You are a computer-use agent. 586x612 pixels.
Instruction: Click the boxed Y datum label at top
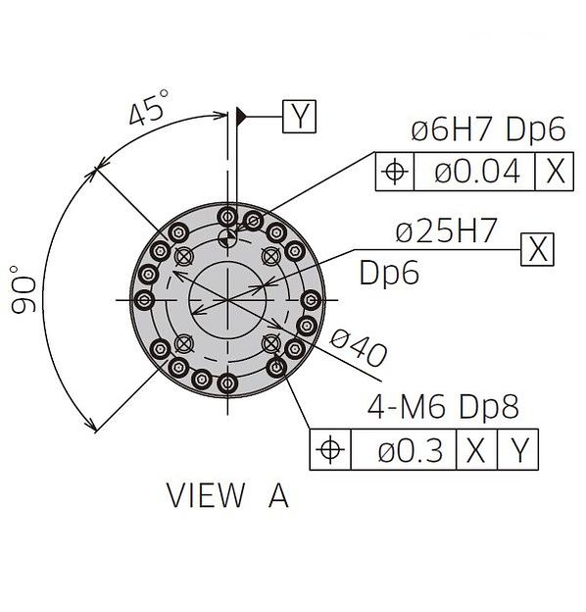(x=299, y=117)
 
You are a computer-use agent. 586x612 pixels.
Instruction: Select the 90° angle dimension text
(x=23, y=289)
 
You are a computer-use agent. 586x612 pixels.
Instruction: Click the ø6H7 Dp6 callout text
(x=488, y=129)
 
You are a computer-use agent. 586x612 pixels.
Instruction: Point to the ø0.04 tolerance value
(x=477, y=171)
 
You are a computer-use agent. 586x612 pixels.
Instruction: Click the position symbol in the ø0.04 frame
(x=395, y=172)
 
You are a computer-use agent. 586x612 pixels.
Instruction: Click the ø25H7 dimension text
(x=447, y=230)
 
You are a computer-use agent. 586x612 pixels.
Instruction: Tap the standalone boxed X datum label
(x=537, y=249)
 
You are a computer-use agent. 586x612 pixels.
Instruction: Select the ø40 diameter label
(x=359, y=348)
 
